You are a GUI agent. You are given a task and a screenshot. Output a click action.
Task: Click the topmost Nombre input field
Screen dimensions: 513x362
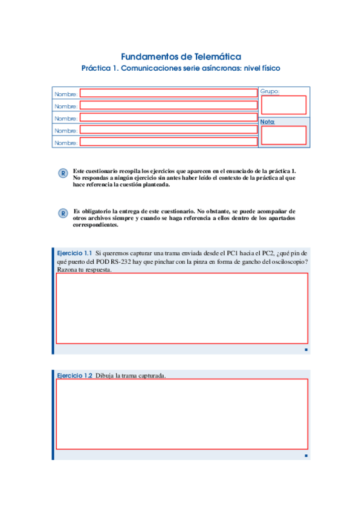[169, 93]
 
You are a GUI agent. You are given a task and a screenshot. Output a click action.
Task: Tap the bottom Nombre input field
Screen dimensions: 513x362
[169, 142]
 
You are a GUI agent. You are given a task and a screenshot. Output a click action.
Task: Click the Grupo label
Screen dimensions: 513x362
[270, 91]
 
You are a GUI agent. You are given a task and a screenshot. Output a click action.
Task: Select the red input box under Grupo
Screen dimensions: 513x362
[283, 105]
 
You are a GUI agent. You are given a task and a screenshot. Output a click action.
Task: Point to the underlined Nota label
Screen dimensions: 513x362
[267, 122]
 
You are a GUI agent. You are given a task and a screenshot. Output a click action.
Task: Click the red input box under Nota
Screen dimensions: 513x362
[283, 136]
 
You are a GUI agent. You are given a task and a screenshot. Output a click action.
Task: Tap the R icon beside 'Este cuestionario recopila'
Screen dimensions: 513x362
[62, 174]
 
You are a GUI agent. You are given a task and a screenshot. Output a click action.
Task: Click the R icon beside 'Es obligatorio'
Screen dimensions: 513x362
[62, 214]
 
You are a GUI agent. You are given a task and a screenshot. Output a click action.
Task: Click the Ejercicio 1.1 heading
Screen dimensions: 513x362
[74, 253]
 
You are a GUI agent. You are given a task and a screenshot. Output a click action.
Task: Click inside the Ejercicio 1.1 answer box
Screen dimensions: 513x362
[182, 309]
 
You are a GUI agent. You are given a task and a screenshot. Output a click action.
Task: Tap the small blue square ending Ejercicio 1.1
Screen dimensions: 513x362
[306, 350]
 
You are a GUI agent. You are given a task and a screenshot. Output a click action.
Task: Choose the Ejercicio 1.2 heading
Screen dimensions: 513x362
[74, 375]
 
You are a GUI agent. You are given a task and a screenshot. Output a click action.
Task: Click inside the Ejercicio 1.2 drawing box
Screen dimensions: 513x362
[182, 415]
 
